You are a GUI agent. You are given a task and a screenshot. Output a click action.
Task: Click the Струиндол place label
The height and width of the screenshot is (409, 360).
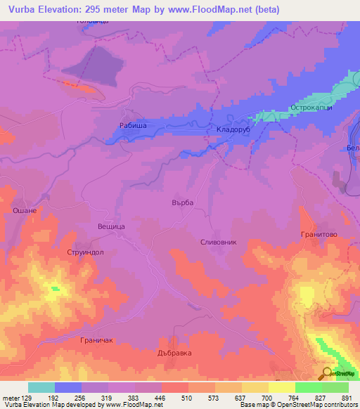85,252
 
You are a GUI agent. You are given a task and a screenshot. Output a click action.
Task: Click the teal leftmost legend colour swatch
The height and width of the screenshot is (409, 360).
41,387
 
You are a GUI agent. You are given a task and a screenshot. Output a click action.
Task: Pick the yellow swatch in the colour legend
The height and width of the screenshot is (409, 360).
281,387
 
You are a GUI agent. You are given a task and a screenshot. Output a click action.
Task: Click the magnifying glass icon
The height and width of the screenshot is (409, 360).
327,374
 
